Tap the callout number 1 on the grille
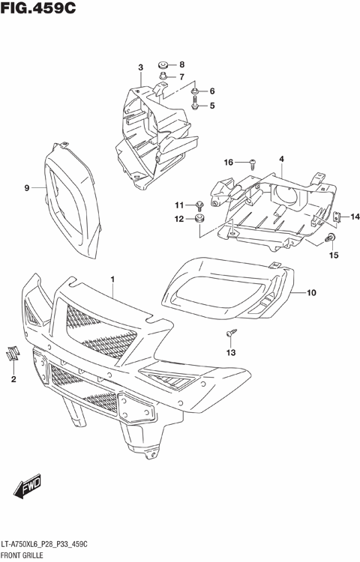pos(112,280)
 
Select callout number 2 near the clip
pos(13,380)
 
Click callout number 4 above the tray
pos(281,159)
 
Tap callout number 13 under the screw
pos(231,352)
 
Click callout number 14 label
pos(355,217)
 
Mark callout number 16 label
pos(229,162)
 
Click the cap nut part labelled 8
pos(163,64)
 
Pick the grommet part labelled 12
pos(199,220)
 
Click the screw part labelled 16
pos(253,162)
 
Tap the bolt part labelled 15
pos(331,238)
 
